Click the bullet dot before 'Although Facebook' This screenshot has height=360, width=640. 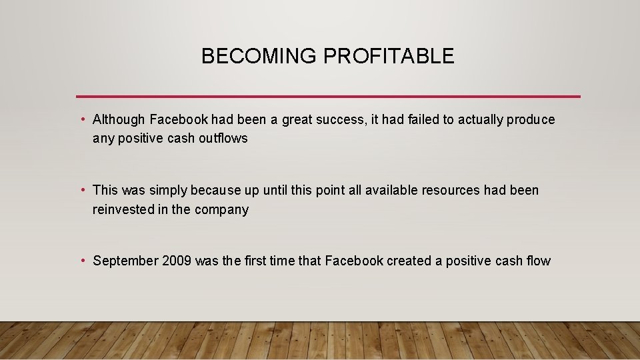[x=81, y=120]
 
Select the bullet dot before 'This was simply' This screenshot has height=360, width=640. [x=81, y=191]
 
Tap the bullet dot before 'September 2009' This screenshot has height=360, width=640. [x=81, y=261]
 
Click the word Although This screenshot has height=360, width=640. [x=119, y=120]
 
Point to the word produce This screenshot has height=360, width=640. [x=530, y=120]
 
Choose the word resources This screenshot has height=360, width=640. [x=451, y=191]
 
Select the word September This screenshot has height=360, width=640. [x=125, y=261]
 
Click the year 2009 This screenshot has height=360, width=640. [x=177, y=261]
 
